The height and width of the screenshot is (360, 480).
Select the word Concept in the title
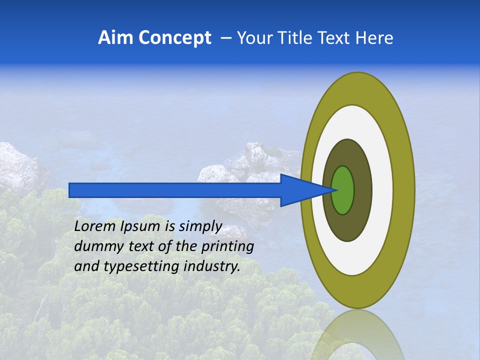point(175,37)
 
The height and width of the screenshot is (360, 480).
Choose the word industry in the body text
point(212,266)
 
